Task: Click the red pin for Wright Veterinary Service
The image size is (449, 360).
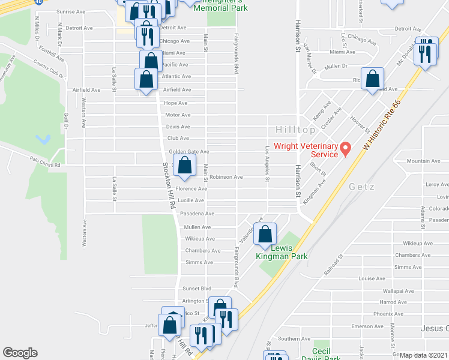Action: (345, 148)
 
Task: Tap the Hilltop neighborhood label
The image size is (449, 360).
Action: (295, 130)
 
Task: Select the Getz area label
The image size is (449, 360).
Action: (361, 187)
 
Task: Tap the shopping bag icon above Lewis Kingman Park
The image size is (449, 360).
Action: (264, 234)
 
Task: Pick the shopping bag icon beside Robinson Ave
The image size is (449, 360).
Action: (185, 166)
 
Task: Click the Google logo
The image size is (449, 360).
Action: (20, 353)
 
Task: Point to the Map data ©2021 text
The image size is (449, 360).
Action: (423, 355)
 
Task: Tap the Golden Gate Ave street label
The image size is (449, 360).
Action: (188, 152)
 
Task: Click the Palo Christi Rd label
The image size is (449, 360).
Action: (46, 160)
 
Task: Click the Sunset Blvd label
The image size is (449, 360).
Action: (197, 289)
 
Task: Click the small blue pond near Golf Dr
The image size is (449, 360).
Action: (42, 140)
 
